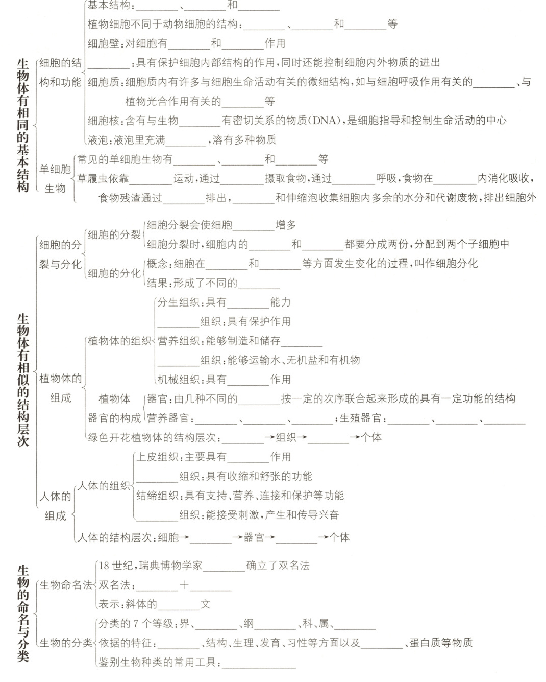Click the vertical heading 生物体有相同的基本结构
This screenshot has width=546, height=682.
22,125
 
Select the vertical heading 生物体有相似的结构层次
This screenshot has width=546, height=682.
22,380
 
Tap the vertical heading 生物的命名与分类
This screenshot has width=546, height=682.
22,613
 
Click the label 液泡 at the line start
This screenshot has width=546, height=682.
97,140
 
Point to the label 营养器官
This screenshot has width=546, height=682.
168,419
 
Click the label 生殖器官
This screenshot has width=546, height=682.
360,419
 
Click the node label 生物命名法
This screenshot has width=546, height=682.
66,585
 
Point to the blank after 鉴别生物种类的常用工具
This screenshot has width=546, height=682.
259,663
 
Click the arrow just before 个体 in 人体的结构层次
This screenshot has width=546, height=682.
323,537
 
